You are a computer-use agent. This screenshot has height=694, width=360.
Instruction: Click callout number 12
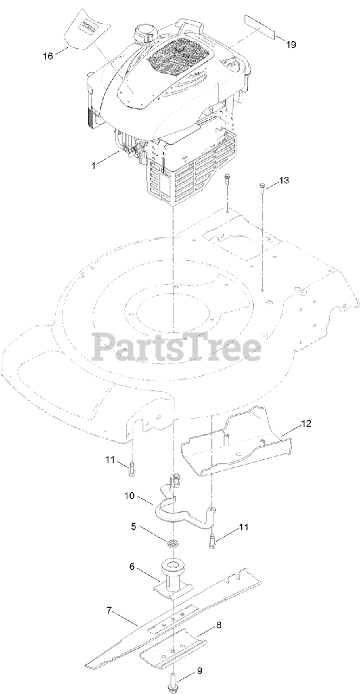click(306, 423)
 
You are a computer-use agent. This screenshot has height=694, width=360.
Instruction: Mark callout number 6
click(132, 566)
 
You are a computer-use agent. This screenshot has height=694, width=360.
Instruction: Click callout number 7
click(109, 611)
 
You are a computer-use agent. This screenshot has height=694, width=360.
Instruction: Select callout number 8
click(218, 625)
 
